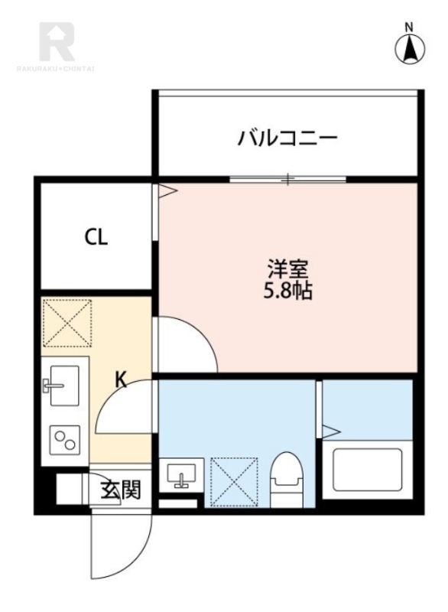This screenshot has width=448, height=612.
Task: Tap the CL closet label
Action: (96, 237)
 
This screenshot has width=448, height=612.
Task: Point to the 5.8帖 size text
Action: (287, 291)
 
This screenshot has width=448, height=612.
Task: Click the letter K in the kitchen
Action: (121, 379)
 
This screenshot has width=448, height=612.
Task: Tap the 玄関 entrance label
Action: (120, 490)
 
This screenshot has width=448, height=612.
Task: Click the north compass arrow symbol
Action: (410, 50)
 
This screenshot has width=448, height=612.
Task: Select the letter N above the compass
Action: (409, 27)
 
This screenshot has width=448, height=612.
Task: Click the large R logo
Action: (57, 42)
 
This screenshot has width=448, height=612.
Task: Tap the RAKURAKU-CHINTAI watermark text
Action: (56, 70)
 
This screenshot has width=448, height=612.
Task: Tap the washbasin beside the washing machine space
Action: (182, 474)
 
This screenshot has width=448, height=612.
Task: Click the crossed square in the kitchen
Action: (67, 323)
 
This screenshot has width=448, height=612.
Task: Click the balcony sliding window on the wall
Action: (287, 180)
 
